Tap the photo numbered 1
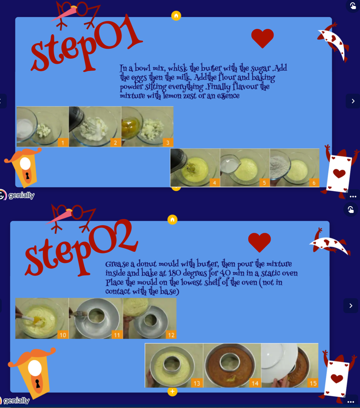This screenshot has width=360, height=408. coord(42,127)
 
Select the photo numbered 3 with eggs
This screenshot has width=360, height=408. coord(147,127)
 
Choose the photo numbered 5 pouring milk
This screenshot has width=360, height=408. coord(244,167)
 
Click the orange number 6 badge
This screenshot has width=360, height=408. coord(314,183)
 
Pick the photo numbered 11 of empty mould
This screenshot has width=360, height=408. coord(96,318)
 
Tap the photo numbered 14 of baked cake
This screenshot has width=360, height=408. coord(232,365)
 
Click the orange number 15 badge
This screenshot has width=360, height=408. coord(313,383)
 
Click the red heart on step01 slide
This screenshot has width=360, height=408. coord(262,38)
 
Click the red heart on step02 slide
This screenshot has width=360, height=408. coord(260,242)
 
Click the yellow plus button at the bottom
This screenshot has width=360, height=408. coord(172,391)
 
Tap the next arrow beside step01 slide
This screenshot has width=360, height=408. coord(353,101)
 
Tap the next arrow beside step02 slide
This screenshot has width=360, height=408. coord(351,305)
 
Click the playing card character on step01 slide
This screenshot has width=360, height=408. coord(339,172)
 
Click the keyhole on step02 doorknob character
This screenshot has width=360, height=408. coord(37,384)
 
